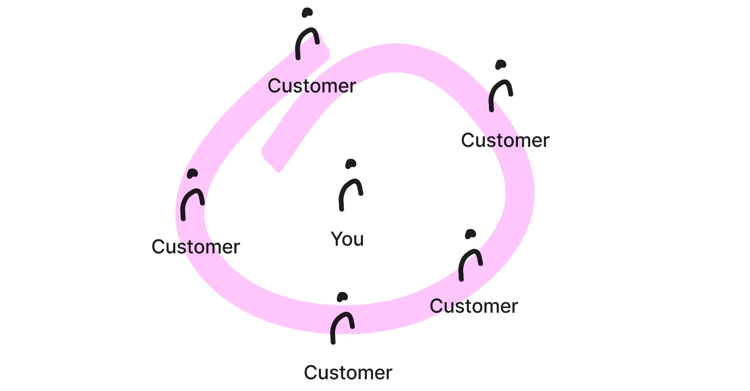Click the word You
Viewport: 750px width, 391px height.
click(x=347, y=239)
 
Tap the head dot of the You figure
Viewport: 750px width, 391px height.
click(x=351, y=163)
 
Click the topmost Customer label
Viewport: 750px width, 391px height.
click(x=312, y=86)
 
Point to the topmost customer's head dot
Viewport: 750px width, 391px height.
click(x=307, y=12)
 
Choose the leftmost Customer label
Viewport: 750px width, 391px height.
click(x=196, y=247)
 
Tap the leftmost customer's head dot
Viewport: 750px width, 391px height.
click(x=193, y=173)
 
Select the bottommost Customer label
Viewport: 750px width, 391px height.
click(x=348, y=373)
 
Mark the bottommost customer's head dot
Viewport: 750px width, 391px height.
click(x=342, y=297)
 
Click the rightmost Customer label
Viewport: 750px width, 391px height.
click(x=505, y=141)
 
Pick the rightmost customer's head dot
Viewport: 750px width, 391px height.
click(x=501, y=64)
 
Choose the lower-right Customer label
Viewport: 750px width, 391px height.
click(x=474, y=306)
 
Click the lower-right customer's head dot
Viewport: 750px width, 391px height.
click(x=470, y=234)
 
